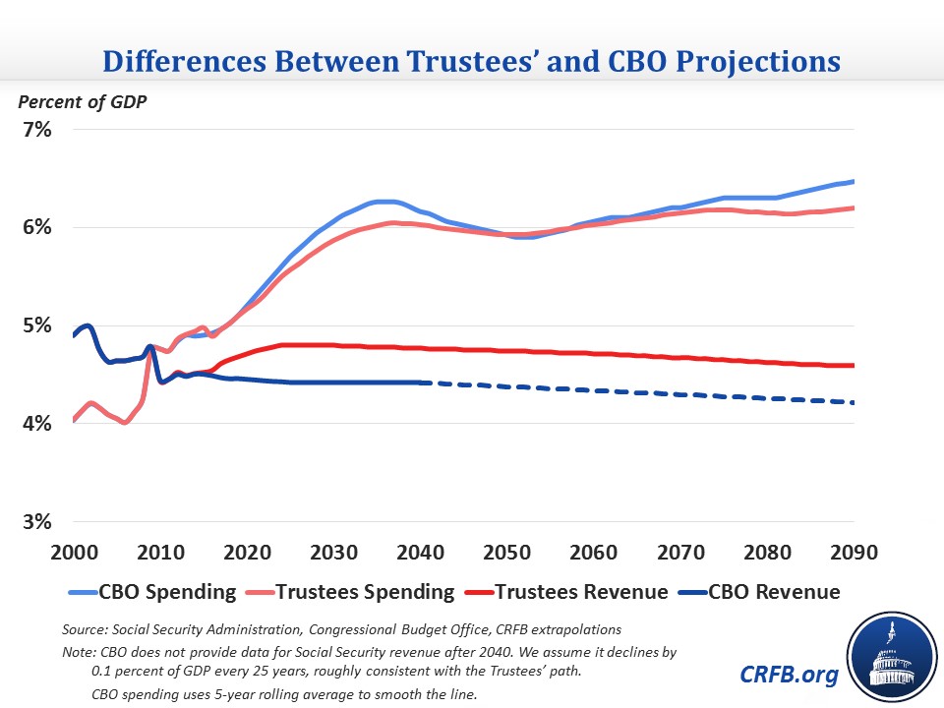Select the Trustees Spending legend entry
tap(358, 592)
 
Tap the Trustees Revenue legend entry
tap(574, 592)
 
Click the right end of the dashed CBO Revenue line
tap(854, 402)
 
